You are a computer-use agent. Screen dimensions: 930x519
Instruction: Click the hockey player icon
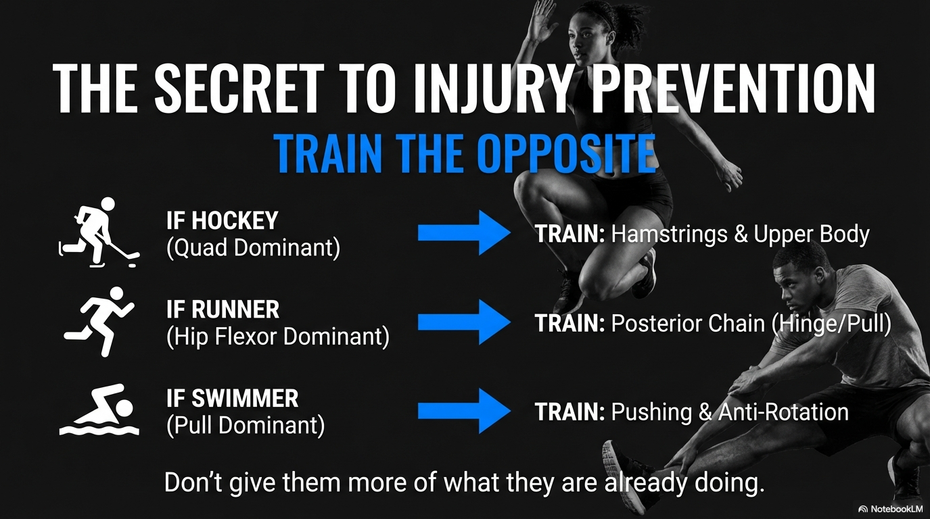(99, 232)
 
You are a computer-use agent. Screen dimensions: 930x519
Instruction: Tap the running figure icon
(99, 322)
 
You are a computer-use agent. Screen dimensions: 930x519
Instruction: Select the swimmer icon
(99, 410)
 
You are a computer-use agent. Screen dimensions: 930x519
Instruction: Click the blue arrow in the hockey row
(464, 232)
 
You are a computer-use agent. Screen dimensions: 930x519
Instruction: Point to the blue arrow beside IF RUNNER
(464, 322)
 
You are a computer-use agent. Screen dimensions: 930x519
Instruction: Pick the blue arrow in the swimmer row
(464, 411)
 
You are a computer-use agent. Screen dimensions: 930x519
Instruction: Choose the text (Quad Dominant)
(253, 248)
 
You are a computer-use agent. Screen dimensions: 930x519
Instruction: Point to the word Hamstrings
(670, 234)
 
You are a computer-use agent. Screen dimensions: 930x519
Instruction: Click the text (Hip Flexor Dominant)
(278, 337)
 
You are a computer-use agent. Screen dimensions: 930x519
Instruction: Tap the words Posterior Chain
(688, 324)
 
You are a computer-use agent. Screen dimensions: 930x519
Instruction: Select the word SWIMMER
(245, 398)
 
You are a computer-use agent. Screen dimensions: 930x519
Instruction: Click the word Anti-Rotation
(783, 412)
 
